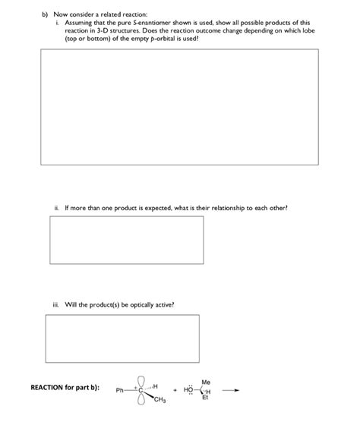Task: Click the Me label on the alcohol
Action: pos(206,381)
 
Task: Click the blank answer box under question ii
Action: pos(126,240)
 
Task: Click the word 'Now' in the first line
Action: pos(61,14)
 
